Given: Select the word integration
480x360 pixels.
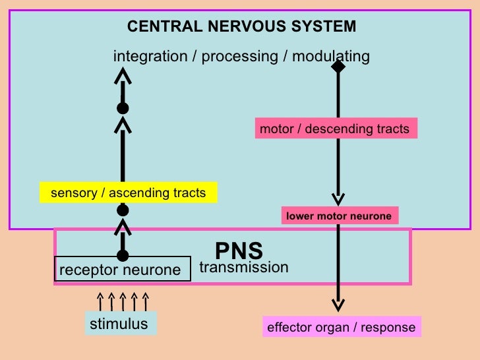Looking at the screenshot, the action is pos(150,57).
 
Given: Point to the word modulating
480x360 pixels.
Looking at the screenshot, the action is pos(331,57).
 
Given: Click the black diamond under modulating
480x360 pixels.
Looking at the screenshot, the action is pos(338,67).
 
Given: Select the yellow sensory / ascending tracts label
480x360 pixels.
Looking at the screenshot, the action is pos(129,193).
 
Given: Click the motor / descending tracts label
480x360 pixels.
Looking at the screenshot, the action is pos(336,129).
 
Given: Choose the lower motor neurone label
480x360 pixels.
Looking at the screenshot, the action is pos(340,216).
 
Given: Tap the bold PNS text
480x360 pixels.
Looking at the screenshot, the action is pos(239,251).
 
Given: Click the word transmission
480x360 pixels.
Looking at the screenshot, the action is pos(244,267).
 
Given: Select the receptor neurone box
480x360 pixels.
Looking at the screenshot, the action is pos(123,269).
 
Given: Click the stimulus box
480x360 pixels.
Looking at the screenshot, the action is pos(121,324).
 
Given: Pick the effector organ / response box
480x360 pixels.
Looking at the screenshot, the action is pos(342,327).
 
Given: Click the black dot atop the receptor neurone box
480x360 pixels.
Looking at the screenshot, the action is pos(123,255).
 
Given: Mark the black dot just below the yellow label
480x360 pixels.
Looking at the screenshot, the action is pos(123,210).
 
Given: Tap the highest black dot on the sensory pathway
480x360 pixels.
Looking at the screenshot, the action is pos(123,108).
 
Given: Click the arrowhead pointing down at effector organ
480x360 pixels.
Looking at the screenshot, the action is pos(338,305).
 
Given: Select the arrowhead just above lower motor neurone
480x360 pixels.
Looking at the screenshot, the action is pos(338,199).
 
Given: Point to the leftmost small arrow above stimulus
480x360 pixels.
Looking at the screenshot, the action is pos(100,301).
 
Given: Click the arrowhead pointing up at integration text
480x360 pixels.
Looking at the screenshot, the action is pos(123,75).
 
